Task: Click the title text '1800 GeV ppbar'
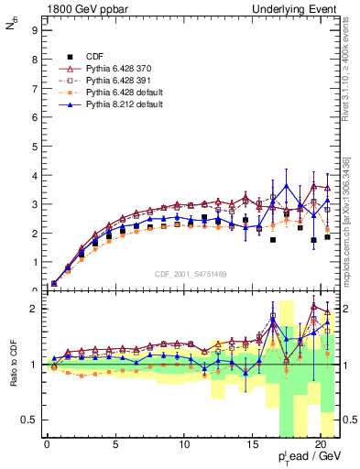[x=79, y=9]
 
